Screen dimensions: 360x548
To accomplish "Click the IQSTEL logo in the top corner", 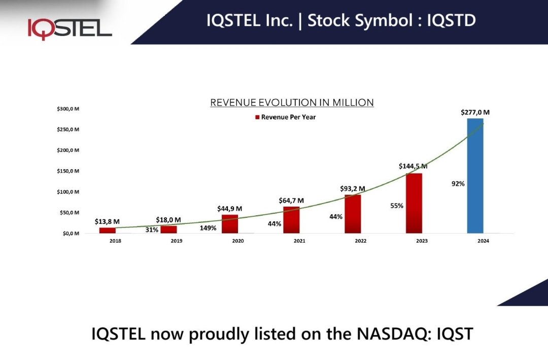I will click(x=70, y=28).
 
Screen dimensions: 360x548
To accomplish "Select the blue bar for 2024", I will click(x=475, y=176).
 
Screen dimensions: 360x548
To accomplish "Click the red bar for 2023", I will click(x=414, y=203).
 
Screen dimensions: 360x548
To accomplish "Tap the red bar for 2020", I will click(x=230, y=224).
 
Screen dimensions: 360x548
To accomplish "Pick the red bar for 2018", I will click(x=107, y=230).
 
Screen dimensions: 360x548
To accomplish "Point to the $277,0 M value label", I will click(x=475, y=112).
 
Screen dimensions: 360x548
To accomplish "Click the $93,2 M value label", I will click(x=353, y=188).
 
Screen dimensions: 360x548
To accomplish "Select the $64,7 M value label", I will click(x=291, y=201).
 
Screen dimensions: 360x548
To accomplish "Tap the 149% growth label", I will click(x=208, y=228).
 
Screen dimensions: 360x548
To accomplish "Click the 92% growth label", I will click(x=458, y=184).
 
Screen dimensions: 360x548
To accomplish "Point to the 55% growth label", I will click(x=397, y=206).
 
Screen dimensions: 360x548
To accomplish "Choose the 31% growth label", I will click(x=152, y=230).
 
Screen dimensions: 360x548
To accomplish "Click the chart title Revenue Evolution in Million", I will click(x=292, y=103).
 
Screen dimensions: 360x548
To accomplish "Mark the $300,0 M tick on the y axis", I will click(x=68, y=109).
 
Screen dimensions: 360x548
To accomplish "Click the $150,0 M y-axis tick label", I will click(x=68, y=171).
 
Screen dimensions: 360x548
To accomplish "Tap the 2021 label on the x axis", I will click(x=299, y=241).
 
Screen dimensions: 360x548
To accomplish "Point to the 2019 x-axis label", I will click(x=177, y=241).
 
